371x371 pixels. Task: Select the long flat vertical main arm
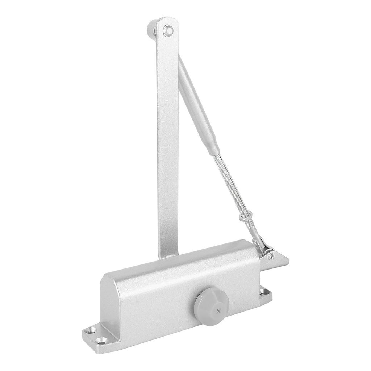(167, 145)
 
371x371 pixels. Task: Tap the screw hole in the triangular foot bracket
(271, 256)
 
